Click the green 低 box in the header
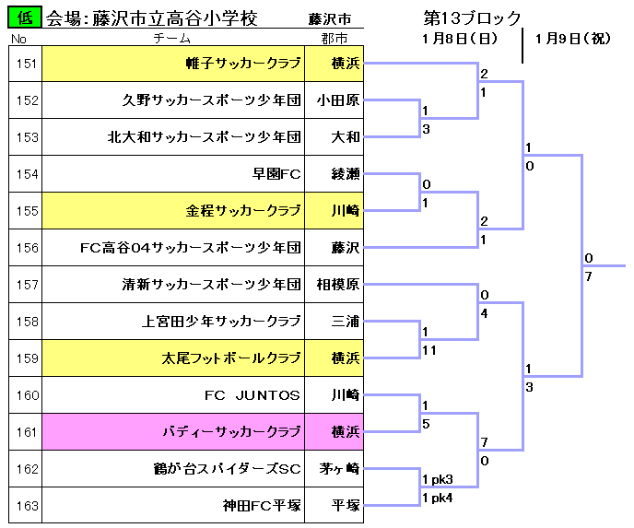25,18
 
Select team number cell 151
26,64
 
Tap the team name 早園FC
276,174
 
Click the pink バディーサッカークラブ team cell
173,432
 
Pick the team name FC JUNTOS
252,395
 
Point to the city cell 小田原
334,100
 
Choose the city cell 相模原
334,284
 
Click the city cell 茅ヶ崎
334,469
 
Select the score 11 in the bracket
429,350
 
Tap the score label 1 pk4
438,498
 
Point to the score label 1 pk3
438,479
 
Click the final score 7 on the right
588,276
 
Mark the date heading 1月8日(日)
460,39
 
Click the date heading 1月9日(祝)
573,39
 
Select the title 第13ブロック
472,18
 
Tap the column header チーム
171,39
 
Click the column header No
18,39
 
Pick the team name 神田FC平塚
262,505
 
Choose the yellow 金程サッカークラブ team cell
173,211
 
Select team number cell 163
26,505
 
